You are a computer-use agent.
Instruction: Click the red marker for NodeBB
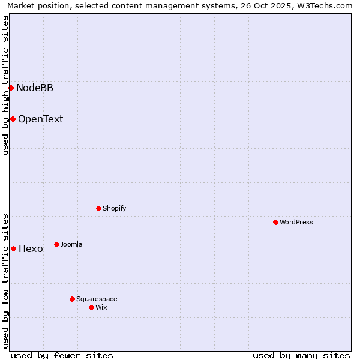pyautogui.click(x=11, y=88)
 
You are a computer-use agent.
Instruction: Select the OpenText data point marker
pyautogui.click(x=13, y=119)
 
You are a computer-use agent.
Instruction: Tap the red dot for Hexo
pyautogui.click(x=13, y=248)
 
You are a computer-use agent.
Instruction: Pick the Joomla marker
pyautogui.click(x=56, y=244)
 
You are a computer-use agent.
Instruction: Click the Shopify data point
pyautogui.click(x=98, y=208)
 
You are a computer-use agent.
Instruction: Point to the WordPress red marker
pyautogui.click(x=275, y=222)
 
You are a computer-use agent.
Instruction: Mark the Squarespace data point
pyautogui.click(x=72, y=299)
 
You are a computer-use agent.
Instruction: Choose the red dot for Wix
pyautogui.click(x=91, y=307)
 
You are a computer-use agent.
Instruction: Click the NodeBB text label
pyautogui.click(x=35, y=88)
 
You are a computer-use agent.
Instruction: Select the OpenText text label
pyautogui.click(x=40, y=119)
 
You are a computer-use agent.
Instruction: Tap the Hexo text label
pyautogui.click(x=31, y=249)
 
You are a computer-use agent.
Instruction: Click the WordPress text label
pyautogui.click(x=296, y=222)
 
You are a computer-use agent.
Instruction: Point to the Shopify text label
pyautogui.click(x=114, y=208)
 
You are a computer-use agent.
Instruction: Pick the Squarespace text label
pyautogui.click(x=97, y=299)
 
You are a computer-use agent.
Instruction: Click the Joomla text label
pyautogui.click(x=71, y=244)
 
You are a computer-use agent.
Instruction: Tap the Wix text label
pyautogui.click(x=101, y=307)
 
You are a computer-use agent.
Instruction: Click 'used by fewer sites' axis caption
pyautogui.click(x=62, y=355)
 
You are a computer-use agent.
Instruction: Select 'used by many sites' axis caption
pyautogui.click(x=301, y=355)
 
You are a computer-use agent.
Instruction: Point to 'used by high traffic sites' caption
pyautogui.click(x=5, y=85)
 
